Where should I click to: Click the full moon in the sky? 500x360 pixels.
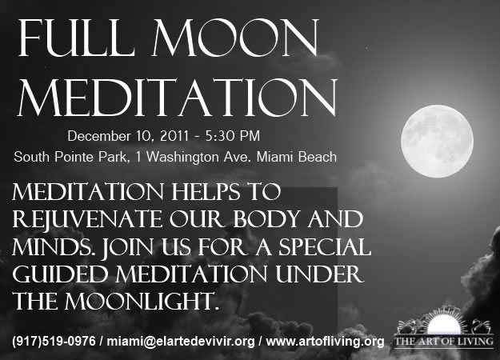coord(437,141)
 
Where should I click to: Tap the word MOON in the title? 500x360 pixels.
coord(235,38)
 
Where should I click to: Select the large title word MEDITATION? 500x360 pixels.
coord(178,98)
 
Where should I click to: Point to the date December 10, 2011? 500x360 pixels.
coord(127,136)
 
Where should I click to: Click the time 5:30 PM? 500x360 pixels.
coord(233,136)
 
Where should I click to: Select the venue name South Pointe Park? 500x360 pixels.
coord(71,157)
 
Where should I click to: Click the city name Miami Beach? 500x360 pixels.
coord(297,157)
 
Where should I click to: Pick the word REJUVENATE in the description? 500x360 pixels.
coord(87,220)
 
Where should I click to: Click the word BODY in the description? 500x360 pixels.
coord(266,218)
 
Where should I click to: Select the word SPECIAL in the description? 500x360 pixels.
coord(325,247)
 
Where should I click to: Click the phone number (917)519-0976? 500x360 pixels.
coord(54,341)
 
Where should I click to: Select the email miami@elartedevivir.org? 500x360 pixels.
coord(181,341)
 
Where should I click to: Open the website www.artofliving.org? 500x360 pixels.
coord(325,342)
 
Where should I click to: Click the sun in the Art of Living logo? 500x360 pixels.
coord(443,326)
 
